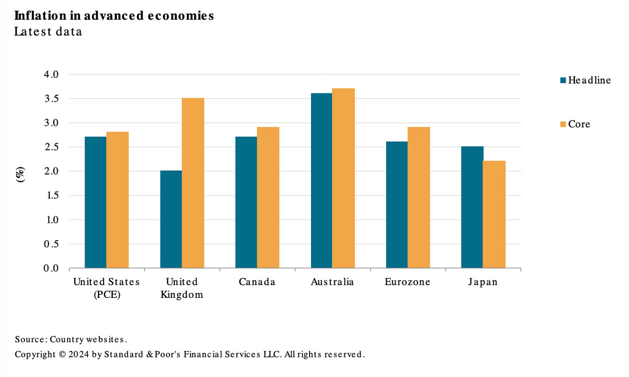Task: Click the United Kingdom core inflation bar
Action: click(193, 183)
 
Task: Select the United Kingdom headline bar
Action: click(171, 219)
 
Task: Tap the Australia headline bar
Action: click(321, 180)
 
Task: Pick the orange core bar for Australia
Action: click(343, 178)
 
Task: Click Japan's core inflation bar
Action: click(494, 214)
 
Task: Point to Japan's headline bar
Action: click(472, 207)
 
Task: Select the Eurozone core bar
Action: click(419, 198)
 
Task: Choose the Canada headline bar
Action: click(246, 203)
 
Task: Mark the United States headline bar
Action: click(95, 203)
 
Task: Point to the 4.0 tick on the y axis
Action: click(51, 75)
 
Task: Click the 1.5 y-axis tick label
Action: click(51, 196)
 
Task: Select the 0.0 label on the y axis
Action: click(51, 268)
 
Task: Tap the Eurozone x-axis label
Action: click(407, 282)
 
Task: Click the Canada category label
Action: click(257, 282)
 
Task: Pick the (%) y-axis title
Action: click(20, 174)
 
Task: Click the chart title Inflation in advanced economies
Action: click(114, 15)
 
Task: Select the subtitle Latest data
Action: click(48, 31)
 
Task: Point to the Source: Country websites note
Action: click(71, 339)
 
